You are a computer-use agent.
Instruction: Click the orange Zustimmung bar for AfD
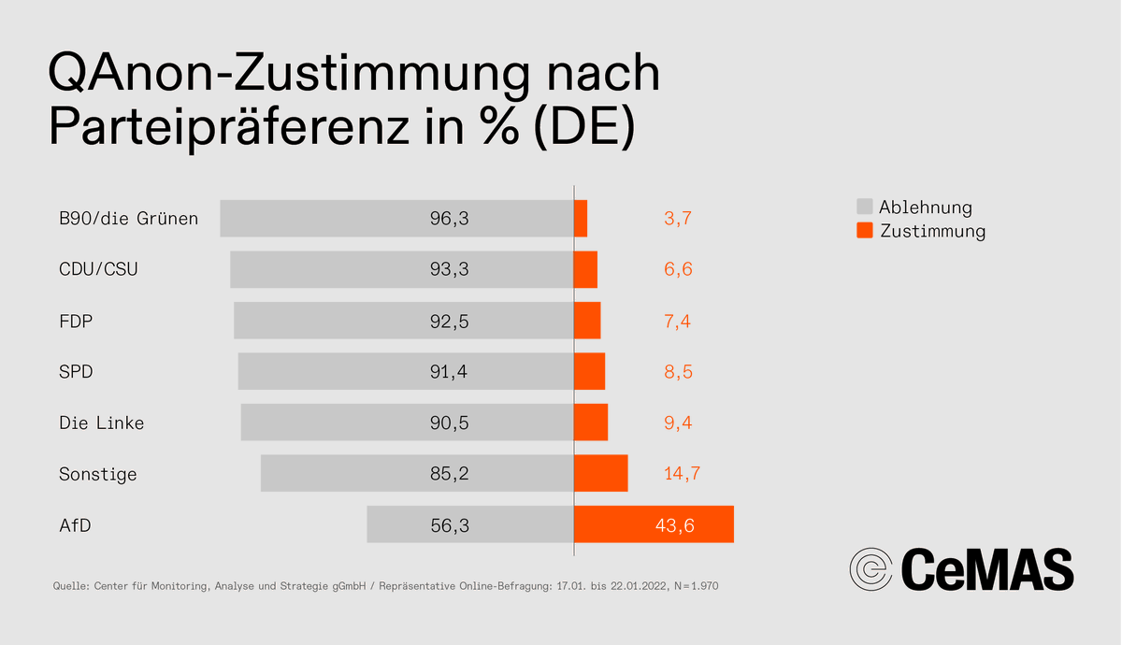tap(654, 524)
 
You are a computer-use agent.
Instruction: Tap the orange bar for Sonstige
tap(600, 473)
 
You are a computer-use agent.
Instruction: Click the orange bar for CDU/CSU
tap(585, 270)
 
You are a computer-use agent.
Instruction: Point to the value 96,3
tap(449, 219)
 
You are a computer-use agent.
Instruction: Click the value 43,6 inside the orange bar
tap(674, 525)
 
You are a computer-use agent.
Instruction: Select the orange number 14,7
tap(682, 474)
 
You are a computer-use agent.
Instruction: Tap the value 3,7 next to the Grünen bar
tap(677, 219)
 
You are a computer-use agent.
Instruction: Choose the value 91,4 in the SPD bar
tap(449, 372)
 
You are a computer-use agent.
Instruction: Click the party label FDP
tap(76, 322)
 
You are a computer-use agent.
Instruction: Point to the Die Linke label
tap(101, 423)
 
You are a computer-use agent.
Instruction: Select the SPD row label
tap(76, 372)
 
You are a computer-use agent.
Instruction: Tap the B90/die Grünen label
tap(128, 219)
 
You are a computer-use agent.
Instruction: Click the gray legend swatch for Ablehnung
tap(864, 207)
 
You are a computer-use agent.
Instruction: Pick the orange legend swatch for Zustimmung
tap(864, 230)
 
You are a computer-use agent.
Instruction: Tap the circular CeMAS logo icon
tap(870, 568)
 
